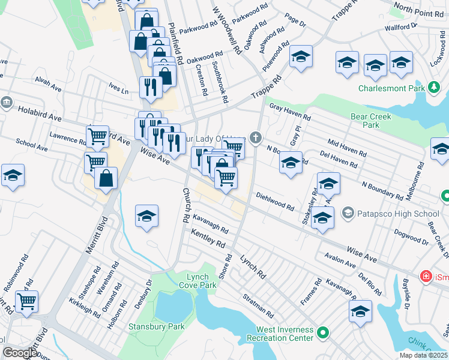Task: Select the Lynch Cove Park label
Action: click(200, 280)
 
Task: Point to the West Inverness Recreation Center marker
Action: click(324, 332)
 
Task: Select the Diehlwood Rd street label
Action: click(275, 202)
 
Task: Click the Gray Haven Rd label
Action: click(290, 112)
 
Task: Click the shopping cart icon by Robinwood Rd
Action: click(26, 302)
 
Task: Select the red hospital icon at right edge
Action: click(426, 277)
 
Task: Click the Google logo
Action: click(19, 353)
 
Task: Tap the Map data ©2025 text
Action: click(424, 355)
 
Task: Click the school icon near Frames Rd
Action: click(360, 311)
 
